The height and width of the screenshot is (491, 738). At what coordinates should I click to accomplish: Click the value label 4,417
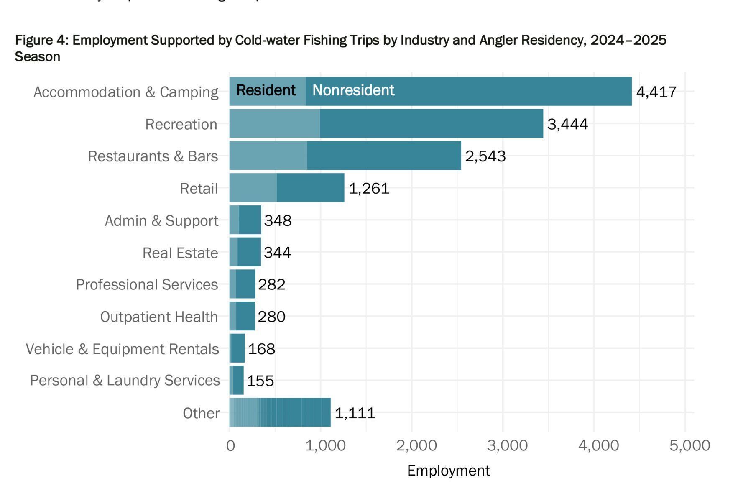(x=656, y=92)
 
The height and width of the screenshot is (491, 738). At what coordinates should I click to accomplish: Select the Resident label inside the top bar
(x=266, y=90)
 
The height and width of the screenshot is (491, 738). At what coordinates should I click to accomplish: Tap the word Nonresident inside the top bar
(x=353, y=90)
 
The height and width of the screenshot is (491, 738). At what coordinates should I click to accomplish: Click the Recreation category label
(x=181, y=124)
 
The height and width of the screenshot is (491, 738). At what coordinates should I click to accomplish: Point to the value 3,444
(x=567, y=124)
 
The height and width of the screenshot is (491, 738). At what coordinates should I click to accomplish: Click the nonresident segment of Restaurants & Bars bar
(x=384, y=156)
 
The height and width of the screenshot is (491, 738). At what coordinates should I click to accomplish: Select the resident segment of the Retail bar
(x=253, y=188)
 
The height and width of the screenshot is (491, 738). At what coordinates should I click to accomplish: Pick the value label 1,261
(x=369, y=188)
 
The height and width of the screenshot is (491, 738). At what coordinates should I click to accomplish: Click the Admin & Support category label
(x=161, y=220)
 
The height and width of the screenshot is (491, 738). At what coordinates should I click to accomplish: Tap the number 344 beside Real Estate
(x=277, y=252)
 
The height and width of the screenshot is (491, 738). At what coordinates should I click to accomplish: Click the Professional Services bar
(x=243, y=284)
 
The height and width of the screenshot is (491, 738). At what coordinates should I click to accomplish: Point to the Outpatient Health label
(x=159, y=317)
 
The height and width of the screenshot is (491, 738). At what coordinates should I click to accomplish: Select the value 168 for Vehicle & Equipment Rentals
(x=261, y=349)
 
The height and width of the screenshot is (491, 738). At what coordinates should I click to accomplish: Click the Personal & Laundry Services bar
(x=237, y=380)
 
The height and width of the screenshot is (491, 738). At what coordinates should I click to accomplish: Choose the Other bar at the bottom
(x=280, y=412)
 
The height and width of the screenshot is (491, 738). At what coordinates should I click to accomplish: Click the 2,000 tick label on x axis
(x=416, y=445)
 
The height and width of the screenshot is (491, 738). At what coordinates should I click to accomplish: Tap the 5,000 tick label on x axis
(x=689, y=445)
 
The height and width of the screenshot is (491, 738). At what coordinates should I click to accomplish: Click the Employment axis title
(x=448, y=471)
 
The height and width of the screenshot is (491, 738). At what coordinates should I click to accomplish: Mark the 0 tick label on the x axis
(x=230, y=446)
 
